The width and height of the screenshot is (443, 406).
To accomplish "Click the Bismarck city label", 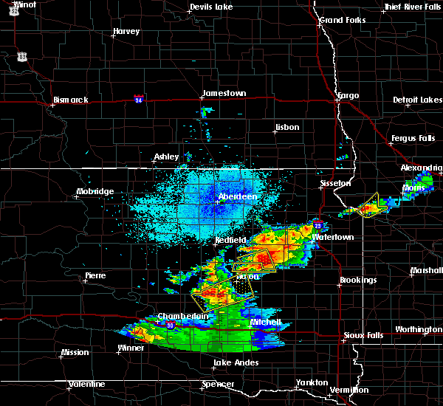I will pos(70,100).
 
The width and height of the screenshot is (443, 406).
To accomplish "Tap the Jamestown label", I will pos(224,93).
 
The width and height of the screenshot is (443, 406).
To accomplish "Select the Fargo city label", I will pos(347,96).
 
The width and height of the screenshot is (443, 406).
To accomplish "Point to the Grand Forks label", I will pos(342,20).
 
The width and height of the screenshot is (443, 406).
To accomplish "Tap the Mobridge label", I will pos(95,192).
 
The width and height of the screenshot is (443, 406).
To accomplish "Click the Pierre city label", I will pos(95,275).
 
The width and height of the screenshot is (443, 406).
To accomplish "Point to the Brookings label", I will pos(358,281).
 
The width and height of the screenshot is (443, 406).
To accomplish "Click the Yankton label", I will pos(312,382).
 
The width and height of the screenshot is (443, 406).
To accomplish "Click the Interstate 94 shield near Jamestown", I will pos(139,97).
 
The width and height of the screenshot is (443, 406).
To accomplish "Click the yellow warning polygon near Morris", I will pos(368,209).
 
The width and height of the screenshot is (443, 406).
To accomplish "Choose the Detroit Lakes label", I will pos(417,100).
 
